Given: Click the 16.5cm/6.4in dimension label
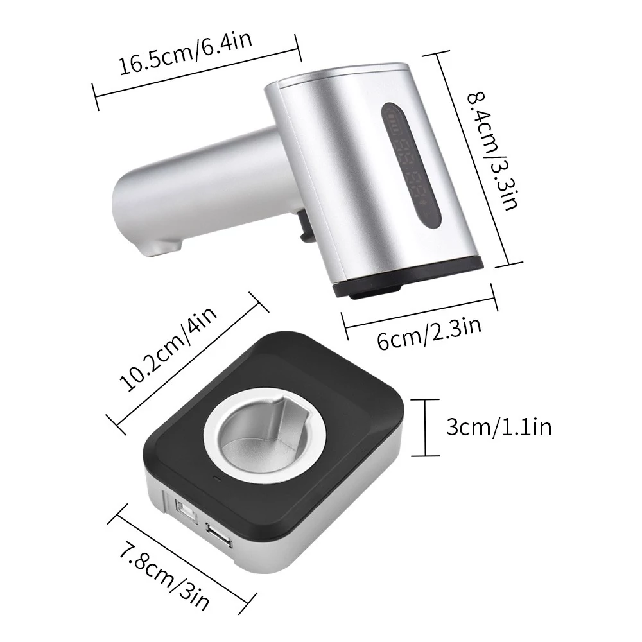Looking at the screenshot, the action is click(185, 53).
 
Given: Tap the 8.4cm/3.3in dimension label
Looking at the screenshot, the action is click(494, 151).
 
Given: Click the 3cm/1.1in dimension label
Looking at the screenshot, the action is click(499, 428).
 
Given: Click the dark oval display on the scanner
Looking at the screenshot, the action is click(412, 166).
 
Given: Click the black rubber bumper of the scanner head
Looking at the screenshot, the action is click(408, 279).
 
